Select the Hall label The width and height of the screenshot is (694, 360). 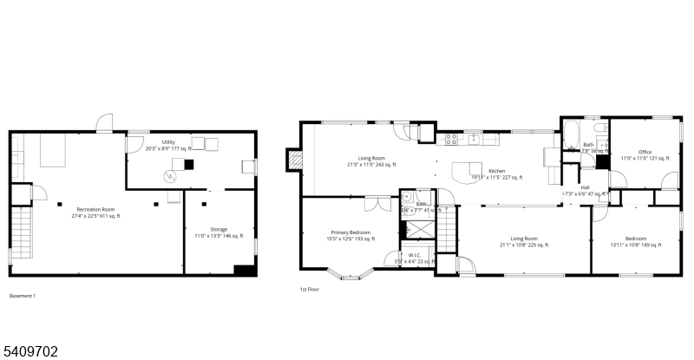coord(585,189)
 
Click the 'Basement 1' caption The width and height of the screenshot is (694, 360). coord(23,296)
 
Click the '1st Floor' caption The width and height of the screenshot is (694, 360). coord(310,289)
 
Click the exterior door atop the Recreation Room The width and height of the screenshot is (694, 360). coord(105,122)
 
